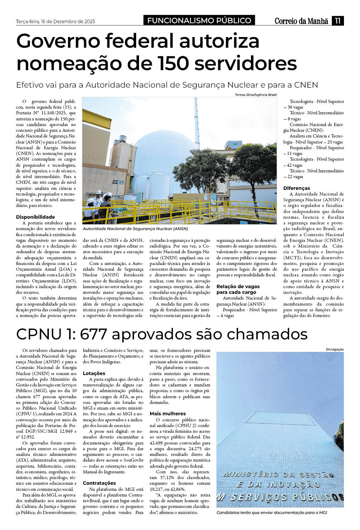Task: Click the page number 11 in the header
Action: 338,21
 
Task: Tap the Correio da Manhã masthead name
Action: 301,21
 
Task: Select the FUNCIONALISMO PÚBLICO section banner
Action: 199,21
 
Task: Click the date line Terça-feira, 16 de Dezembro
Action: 56,21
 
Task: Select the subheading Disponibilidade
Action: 35,217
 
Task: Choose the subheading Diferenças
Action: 297,188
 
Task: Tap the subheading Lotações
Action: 94,373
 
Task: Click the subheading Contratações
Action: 99,483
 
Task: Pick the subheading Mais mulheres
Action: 168,414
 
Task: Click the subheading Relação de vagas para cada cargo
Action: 238,289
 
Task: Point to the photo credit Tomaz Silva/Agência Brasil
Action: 256,95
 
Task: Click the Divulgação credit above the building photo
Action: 335,349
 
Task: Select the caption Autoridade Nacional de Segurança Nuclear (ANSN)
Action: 135,229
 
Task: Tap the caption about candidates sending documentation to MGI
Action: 272,513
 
